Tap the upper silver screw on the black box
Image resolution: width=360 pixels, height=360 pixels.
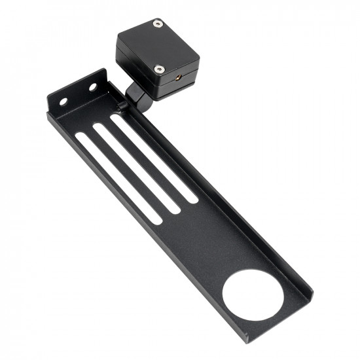[x=157, y=24]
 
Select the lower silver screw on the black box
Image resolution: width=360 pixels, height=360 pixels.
[x=158, y=69]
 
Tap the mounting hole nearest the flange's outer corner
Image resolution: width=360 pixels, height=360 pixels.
[x=63, y=101]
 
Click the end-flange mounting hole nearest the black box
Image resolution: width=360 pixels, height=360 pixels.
[x=92, y=86]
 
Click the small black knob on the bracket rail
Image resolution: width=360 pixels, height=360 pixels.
[x=122, y=104]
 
